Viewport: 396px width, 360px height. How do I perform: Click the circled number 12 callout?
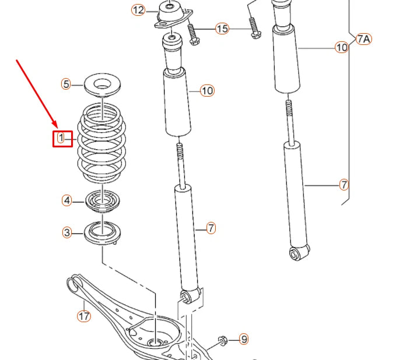pos(138,10)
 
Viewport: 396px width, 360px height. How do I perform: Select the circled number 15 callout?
pos(222,29)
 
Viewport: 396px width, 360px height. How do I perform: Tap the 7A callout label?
pos(363,39)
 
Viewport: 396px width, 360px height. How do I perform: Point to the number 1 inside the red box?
pos(61,138)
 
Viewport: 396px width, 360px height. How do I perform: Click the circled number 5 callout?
pos(66,84)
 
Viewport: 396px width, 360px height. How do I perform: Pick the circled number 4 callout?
pos(68,200)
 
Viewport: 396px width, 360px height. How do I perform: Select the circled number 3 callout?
pos(68,233)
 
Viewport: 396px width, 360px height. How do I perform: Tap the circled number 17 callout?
pos(85,316)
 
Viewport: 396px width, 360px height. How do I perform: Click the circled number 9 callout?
pos(243,338)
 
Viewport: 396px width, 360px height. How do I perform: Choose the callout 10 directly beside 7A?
pos(341,47)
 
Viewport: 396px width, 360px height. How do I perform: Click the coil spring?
pos(102,143)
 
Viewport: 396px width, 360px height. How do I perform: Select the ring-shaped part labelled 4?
pos(103,202)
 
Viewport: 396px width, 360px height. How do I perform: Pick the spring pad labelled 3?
pos(103,234)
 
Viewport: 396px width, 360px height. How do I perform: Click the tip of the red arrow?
pos(57,128)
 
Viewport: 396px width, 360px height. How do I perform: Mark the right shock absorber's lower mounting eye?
pos(296,253)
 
